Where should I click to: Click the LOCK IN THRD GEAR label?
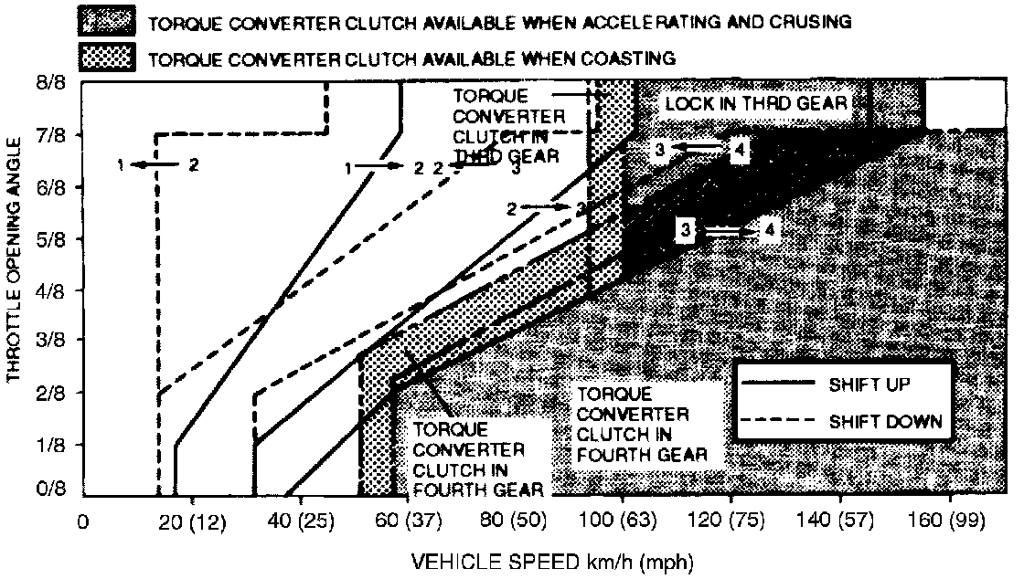[x=756, y=103]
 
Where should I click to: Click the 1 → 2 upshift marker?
[x=385, y=167]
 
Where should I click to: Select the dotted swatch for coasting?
[x=109, y=58]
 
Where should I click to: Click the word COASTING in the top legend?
[x=629, y=58]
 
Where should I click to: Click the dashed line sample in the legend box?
[x=780, y=422]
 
